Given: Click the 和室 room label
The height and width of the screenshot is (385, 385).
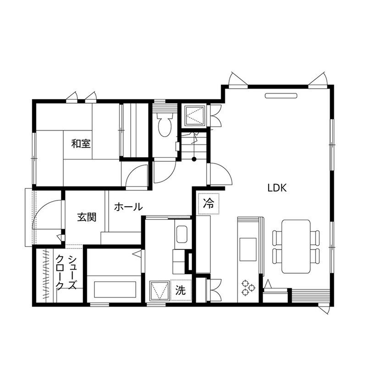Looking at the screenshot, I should [81, 143].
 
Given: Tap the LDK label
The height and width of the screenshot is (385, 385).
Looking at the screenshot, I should [277, 187].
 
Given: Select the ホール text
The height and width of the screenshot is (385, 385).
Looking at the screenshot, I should [128, 207].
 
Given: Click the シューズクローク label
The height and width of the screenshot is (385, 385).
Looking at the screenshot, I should [66, 273].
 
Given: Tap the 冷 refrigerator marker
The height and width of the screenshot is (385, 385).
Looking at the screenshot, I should [209, 203].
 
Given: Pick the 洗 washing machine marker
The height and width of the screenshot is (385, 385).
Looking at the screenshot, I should [181, 290].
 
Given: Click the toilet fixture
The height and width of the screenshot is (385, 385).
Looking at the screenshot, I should [164, 124].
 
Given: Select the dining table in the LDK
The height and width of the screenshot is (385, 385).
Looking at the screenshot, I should [296, 246].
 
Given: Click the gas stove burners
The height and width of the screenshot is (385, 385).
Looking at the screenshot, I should [248, 287].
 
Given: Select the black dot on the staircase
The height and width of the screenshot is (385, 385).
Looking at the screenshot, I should [194, 159].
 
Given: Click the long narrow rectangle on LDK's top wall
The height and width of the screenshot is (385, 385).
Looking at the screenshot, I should [281, 96].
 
